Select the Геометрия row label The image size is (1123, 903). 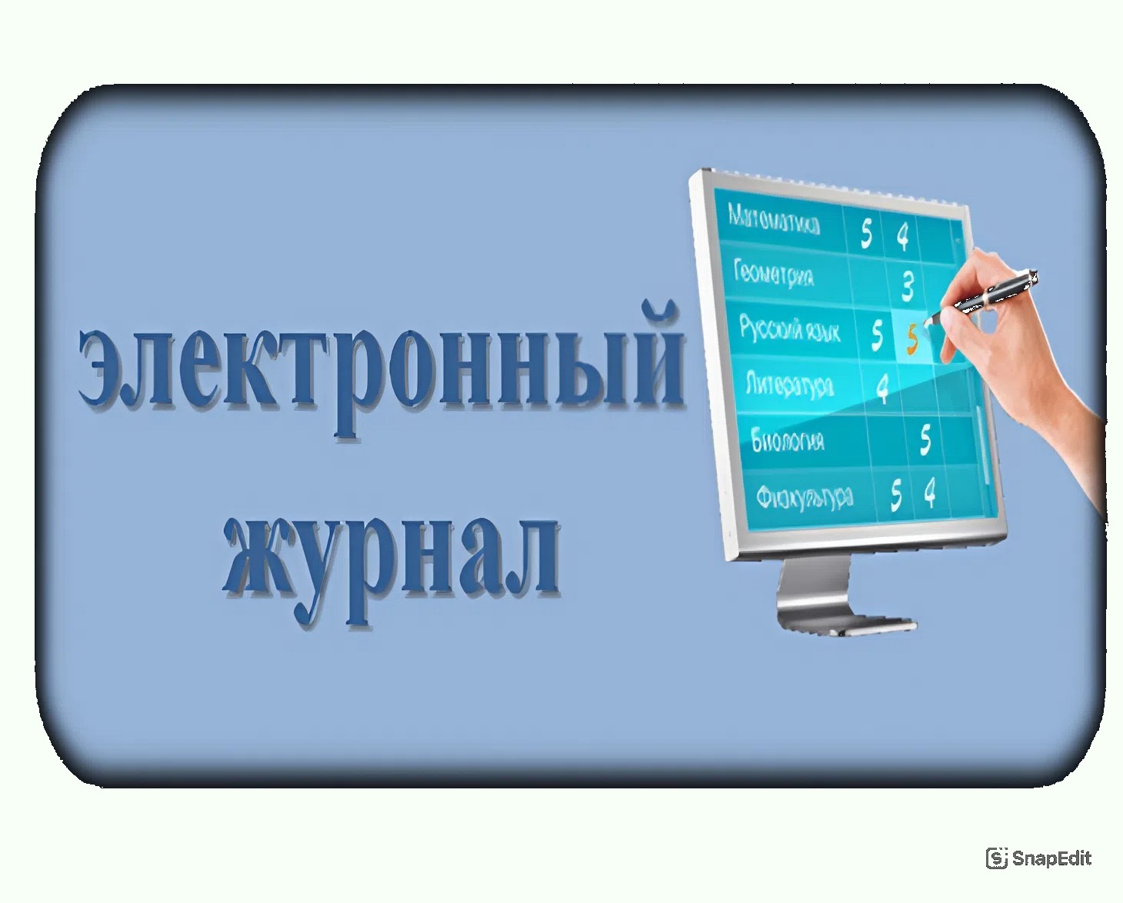(x=774, y=273)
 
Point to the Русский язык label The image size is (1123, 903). (x=789, y=328)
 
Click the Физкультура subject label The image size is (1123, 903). (x=805, y=496)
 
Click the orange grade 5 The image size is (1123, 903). (x=913, y=338)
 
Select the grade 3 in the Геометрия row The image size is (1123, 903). (x=908, y=285)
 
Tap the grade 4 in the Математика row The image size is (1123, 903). (x=903, y=235)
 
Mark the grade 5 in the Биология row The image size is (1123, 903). (x=925, y=440)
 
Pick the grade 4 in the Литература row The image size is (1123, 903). (x=883, y=388)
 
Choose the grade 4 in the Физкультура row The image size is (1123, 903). (x=930, y=492)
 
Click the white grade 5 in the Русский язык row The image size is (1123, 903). (x=877, y=335)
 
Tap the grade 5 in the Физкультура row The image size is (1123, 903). (x=895, y=495)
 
